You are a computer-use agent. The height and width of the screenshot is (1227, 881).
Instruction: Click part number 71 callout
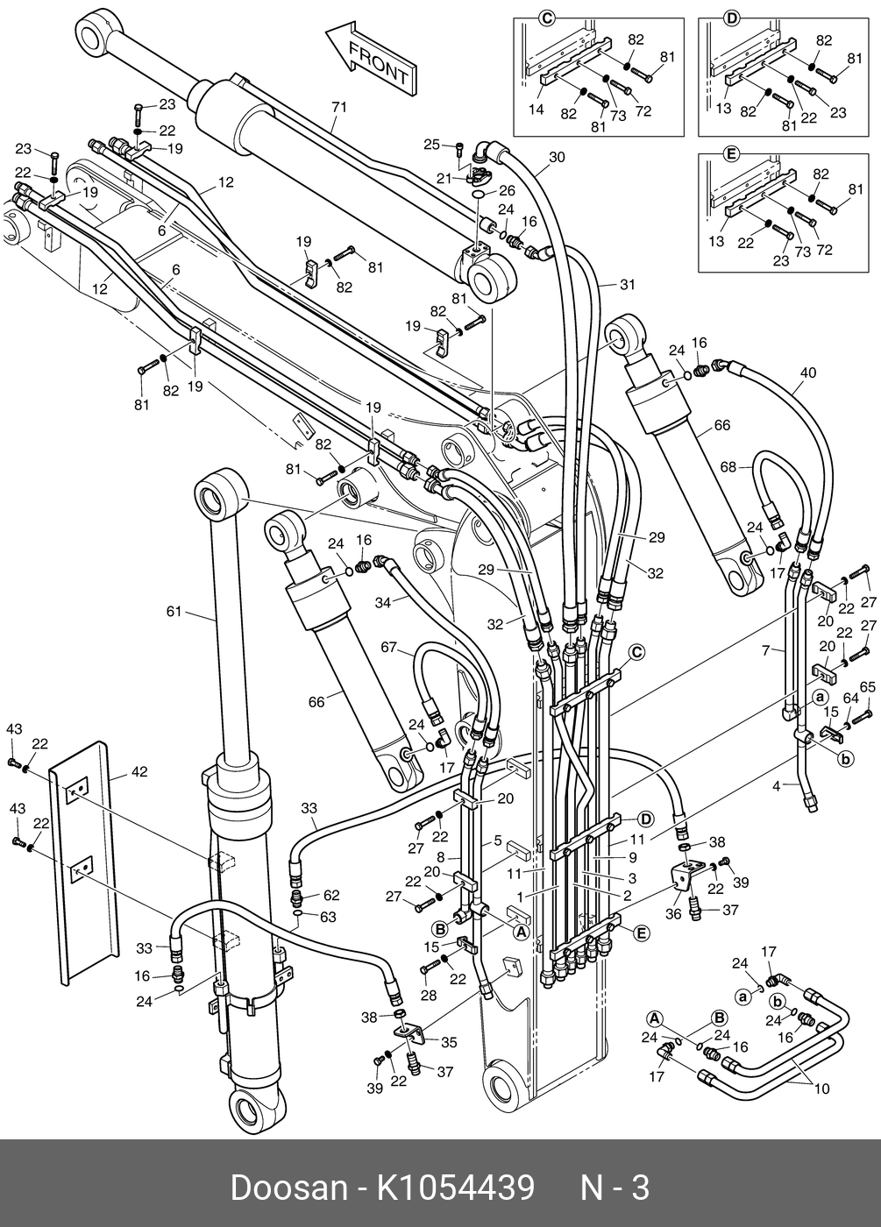click(339, 107)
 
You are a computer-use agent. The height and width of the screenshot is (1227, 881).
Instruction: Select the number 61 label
click(174, 611)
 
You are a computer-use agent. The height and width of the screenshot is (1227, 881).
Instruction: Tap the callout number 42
click(139, 772)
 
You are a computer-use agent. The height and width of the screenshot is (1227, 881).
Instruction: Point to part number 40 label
click(807, 372)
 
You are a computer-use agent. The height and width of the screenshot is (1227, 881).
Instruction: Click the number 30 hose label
click(558, 158)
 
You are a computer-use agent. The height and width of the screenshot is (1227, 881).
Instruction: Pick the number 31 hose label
click(627, 284)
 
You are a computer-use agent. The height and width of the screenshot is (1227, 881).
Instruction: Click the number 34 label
click(382, 602)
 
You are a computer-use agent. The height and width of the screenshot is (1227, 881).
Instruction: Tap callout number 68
click(728, 466)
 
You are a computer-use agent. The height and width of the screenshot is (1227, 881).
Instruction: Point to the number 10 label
click(821, 1089)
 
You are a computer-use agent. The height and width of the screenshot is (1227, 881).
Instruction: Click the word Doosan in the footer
click(288, 1188)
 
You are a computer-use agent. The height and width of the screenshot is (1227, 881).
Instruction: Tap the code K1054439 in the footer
click(456, 1188)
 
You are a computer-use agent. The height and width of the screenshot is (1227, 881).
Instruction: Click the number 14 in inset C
click(536, 109)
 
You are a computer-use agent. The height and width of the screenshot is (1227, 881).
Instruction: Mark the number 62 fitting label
click(330, 895)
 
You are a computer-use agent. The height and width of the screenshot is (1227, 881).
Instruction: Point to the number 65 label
click(868, 686)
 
